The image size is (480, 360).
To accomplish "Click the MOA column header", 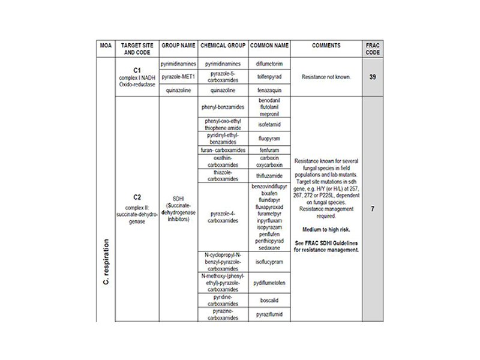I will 106,46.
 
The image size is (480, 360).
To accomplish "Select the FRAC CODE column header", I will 373,49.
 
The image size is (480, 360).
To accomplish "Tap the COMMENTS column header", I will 326,46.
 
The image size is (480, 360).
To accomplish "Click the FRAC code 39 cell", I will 373,77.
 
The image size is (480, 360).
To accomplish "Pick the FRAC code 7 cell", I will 373,209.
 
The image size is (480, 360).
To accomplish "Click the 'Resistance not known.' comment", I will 326,77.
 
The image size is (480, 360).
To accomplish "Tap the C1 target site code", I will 137,70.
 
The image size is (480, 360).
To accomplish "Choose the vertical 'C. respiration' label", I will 106,262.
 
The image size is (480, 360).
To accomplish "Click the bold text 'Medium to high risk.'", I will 326,230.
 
